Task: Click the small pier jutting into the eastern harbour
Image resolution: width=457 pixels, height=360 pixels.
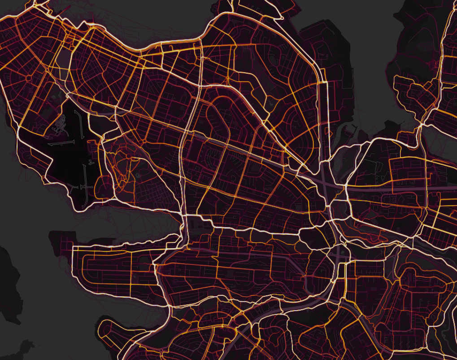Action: (x=354, y=130)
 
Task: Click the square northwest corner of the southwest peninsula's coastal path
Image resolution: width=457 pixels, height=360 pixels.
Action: (x=72, y=247)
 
